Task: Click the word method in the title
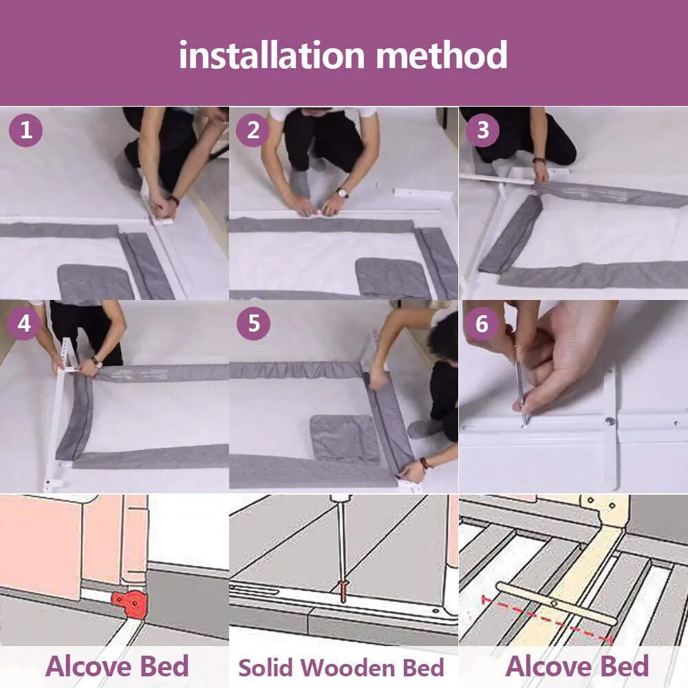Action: point(442,55)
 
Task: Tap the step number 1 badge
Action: point(26,130)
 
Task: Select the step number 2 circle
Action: point(253,130)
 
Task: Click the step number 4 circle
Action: point(25,324)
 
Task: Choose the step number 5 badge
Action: point(253,324)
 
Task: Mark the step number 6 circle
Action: point(482,324)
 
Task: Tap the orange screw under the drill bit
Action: point(342,590)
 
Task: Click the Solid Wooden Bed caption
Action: point(341,667)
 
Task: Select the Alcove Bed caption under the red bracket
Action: point(117,666)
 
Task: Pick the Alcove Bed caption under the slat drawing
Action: point(577,666)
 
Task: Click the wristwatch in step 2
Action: point(342,193)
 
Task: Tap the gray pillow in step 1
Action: point(95,282)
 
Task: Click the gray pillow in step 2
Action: point(393,277)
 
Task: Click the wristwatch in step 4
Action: point(96,361)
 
